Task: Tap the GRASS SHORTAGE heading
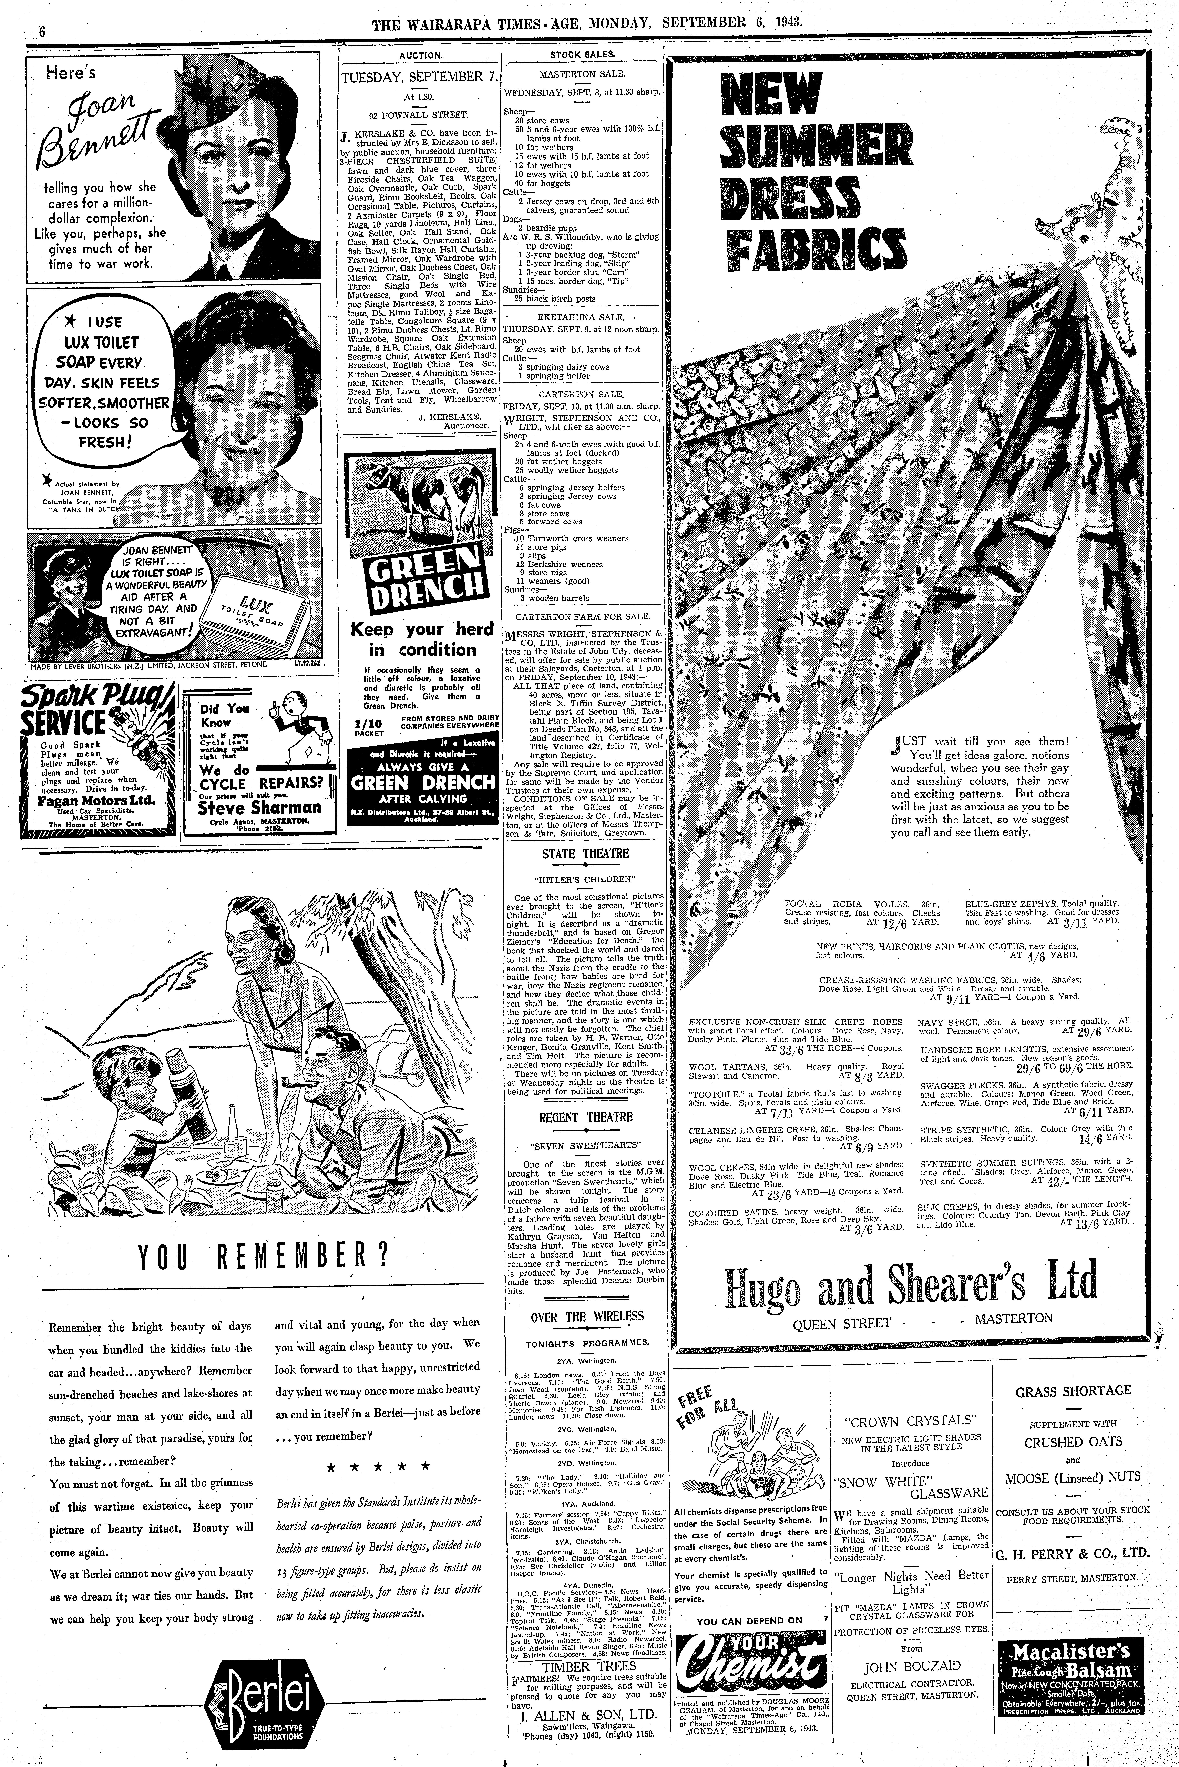point(1073,1392)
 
